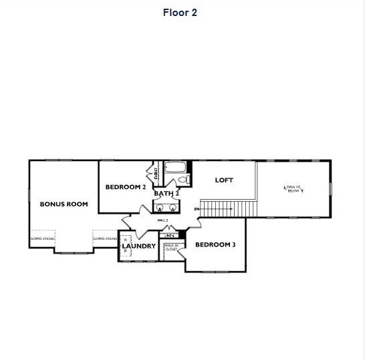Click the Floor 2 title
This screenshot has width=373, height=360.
click(180, 13)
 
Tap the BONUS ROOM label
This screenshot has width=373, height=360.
click(64, 204)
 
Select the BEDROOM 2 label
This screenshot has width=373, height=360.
click(126, 187)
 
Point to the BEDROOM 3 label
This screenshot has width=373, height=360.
click(215, 245)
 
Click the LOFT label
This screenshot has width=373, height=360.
click(224, 180)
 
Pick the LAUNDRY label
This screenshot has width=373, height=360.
click(139, 246)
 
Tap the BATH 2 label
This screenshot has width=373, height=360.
click(166, 194)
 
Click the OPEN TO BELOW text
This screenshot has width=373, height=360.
click(293, 189)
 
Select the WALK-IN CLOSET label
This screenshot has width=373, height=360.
click(170, 247)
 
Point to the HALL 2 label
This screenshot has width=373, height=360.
click(162, 220)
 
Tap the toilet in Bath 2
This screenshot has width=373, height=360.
click(184, 180)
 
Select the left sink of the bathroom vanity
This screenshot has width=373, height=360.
click(160, 206)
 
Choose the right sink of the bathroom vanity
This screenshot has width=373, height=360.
click(173, 206)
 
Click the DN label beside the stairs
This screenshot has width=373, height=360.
click(197, 209)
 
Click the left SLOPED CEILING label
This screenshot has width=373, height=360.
click(43, 238)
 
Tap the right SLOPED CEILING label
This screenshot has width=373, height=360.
click(105, 238)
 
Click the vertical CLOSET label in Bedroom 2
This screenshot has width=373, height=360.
click(156, 174)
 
